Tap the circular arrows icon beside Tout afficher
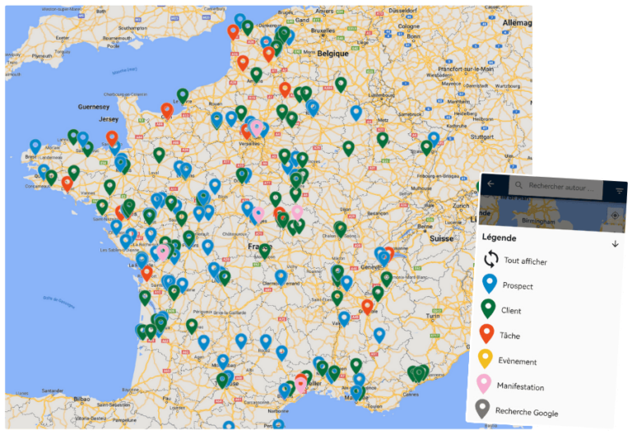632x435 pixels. [491, 260]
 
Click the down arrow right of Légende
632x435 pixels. [614, 243]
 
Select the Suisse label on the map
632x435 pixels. [441, 238]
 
